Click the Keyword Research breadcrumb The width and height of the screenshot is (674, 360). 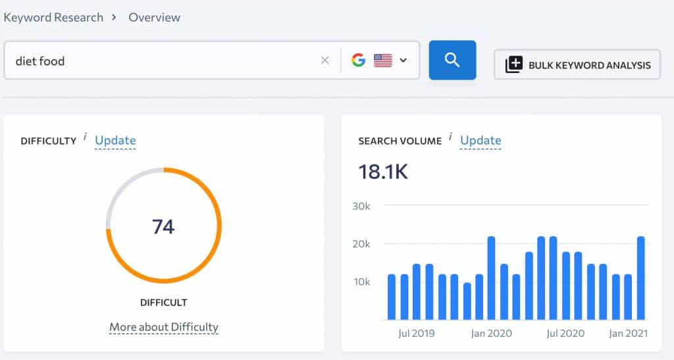53,18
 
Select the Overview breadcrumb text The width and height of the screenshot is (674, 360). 155,18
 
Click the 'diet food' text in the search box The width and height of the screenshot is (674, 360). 40,61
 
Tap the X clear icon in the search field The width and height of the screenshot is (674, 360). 324,61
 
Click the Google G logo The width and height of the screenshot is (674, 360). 358,61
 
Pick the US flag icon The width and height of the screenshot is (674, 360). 383,61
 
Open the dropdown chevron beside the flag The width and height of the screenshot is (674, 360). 403,61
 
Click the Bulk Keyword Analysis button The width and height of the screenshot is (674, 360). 577,64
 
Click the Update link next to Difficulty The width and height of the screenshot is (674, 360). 115,140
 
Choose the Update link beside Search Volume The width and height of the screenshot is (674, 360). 480,140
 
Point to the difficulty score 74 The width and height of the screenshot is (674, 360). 163,226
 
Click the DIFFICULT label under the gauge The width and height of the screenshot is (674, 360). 163,303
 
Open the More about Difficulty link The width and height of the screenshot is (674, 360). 163,327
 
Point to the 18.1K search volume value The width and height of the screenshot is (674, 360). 383,171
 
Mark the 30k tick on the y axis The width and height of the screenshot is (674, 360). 361,206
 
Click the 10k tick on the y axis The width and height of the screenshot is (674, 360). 361,282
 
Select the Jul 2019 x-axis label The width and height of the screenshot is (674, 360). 416,333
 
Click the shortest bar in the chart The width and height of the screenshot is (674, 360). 467,301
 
